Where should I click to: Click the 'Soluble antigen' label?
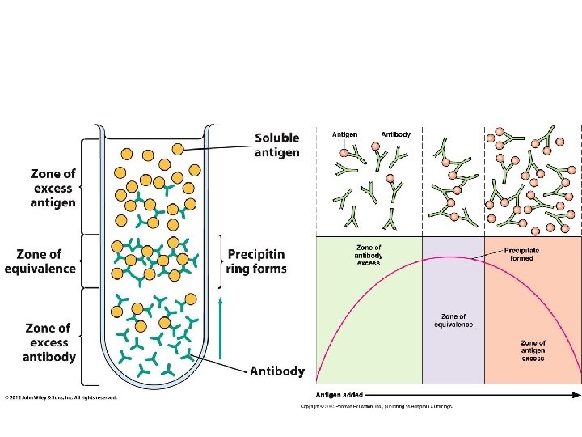click(276, 145)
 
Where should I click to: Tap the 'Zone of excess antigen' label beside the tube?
click(53, 188)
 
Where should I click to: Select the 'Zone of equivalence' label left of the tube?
click(40, 261)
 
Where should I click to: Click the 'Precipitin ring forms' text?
click(257, 261)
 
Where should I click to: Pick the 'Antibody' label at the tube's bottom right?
click(277, 371)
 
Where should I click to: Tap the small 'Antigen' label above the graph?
click(345, 134)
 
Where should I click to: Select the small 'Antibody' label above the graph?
click(395, 134)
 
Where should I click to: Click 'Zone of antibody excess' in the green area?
click(369, 254)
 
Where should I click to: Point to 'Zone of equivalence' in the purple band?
click(453, 320)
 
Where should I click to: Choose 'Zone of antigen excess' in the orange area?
click(533, 350)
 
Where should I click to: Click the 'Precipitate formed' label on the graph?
click(521, 255)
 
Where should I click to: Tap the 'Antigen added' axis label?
click(339, 395)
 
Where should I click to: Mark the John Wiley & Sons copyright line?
click(61, 397)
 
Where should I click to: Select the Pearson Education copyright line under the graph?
click(377, 405)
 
